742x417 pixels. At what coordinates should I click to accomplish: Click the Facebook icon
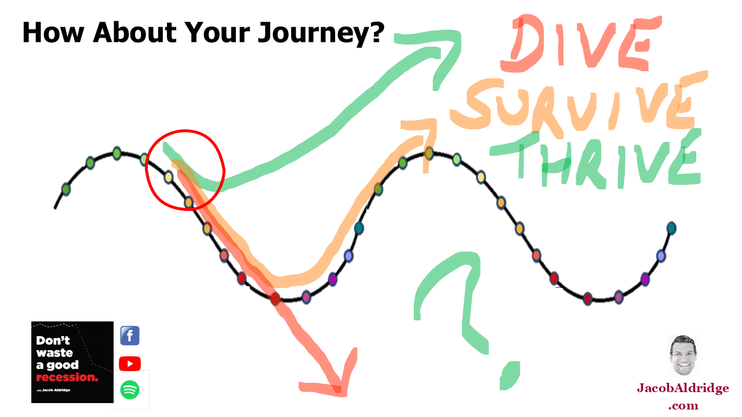[x=130, y=336]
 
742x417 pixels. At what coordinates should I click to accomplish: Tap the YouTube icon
[x=130, y=363]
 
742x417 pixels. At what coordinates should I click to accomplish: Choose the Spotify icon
[x=130, y=390]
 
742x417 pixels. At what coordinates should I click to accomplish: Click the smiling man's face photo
[x=683, y=355]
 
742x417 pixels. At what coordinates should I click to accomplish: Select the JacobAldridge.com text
[x=683, y=396]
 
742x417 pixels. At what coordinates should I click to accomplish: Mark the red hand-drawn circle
[x=185, y=169]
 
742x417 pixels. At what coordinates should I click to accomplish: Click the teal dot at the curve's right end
[x=671, y=228]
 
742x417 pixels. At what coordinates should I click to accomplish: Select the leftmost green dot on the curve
[x=66, y=189]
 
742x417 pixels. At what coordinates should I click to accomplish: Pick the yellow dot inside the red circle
[x=168, y=177]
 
